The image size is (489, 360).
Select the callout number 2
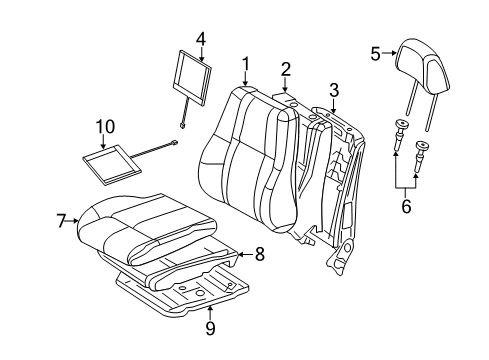[x=285, y=69]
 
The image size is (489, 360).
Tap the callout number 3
[x=333, y=90]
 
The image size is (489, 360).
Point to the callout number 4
[x=201, y=39]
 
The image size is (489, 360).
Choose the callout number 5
[x=376, y=54]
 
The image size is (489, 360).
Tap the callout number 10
[x=105, y=127]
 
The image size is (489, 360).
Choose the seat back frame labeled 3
[x=340, y=180]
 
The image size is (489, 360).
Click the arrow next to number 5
[x=390, y=54]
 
